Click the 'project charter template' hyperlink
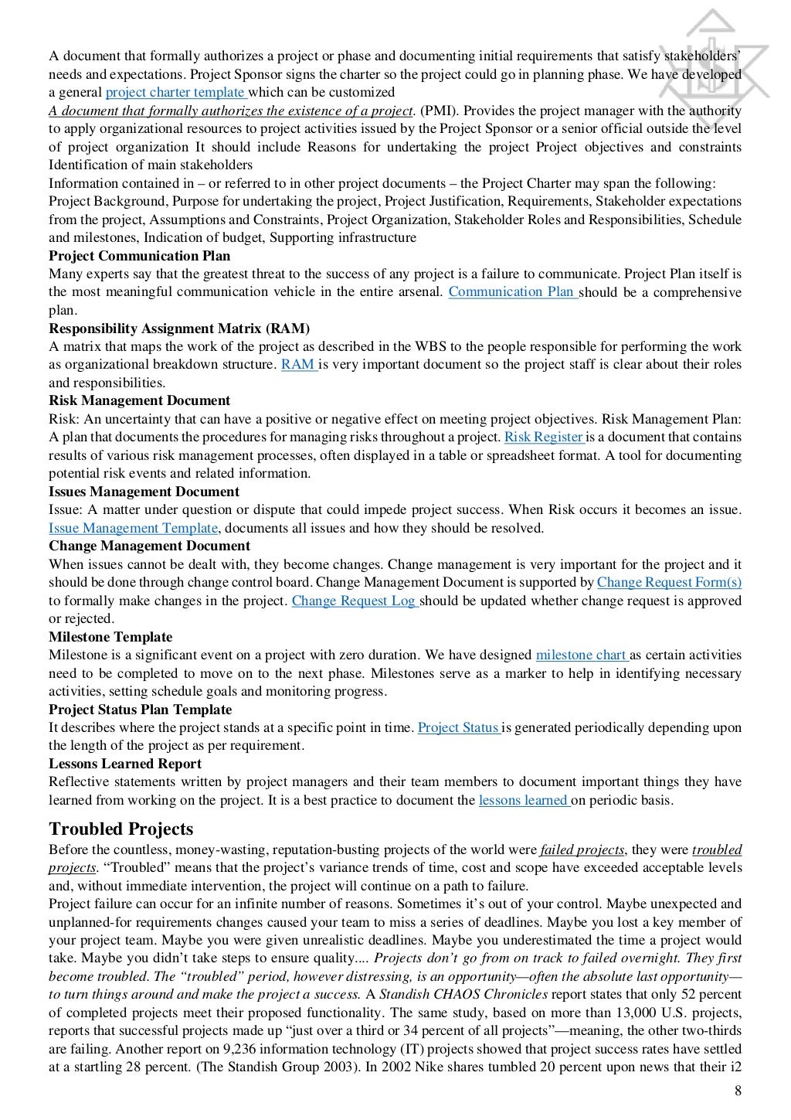coord(175,93)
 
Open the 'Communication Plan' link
coord(512,291)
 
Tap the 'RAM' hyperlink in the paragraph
coord(298,364)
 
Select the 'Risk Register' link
coord(543,437)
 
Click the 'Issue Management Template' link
coord(133,528)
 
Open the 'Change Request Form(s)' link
coord(669,582)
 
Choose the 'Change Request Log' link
coord(355,601)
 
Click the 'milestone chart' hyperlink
coord(582,655)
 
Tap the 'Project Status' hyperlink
coord(459,727)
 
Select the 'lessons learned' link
coord(524,800)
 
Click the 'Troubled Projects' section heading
coord(121,829)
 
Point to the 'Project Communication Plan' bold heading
coord(139,256)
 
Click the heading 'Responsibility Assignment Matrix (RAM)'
coord(179,329)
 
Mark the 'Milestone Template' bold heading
coord(110,637)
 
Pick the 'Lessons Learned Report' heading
coord(125,764)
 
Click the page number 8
coord(737,1091)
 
